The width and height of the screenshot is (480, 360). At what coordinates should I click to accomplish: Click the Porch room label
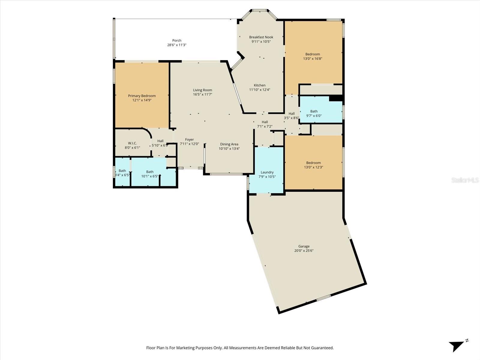tap(177, 40)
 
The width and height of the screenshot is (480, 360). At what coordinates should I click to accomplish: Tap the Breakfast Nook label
tap(261, 37)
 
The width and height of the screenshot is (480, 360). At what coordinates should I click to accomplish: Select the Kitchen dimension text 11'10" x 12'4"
tap(259, 90)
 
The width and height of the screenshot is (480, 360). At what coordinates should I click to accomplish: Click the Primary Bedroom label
tap(142, 96)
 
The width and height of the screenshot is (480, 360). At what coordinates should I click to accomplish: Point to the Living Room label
tap(202, 90)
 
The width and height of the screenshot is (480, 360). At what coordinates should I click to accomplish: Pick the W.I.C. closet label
tap(132, 143)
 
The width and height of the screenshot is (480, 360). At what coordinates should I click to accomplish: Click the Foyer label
tap(189, 139)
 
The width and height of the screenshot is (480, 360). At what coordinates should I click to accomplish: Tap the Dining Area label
tap(229, 144)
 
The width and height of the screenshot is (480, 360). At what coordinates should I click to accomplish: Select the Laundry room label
tap(267, 172)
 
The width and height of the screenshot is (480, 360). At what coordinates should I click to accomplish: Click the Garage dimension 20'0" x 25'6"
tap(304, 251)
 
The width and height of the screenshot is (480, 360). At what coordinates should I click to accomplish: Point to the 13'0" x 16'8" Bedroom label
tap(313, 54)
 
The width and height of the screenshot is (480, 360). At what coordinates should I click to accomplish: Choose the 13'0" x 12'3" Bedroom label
tap(313, 163)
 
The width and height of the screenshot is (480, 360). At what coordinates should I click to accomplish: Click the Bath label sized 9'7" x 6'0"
tap(314, 111)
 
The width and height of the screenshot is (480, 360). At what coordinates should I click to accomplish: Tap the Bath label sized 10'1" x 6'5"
tap(150, 172)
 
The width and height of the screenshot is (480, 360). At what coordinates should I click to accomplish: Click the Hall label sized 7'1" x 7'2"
tap(265, 122)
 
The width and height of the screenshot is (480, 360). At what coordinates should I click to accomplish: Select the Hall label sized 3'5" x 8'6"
tap(291, 114)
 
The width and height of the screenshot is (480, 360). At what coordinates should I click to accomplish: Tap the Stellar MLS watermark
tap(465, 180)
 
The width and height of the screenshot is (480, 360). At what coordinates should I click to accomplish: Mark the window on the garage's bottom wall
tap(323, 298)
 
